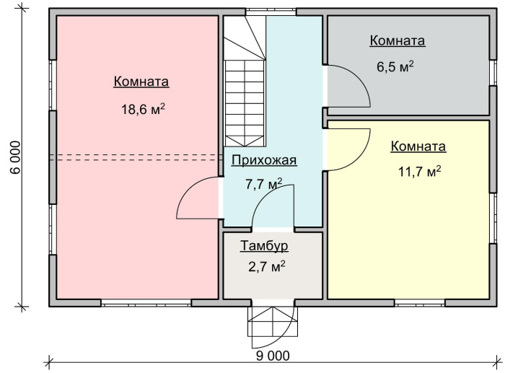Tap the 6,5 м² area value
coord(395,66)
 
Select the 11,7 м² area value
coord(418,172)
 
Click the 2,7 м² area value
coord(266,267)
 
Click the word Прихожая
coord(263,160)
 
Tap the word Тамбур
coord(264,245)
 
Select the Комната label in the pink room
coord(141,82)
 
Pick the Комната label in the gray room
coord(397,41)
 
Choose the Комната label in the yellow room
coord(418,146)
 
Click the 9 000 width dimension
coord(272,356)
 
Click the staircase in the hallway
coord(244,94)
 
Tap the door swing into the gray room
coord(348,85)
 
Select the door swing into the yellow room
coord(348,149)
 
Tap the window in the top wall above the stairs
coord(271,12)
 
